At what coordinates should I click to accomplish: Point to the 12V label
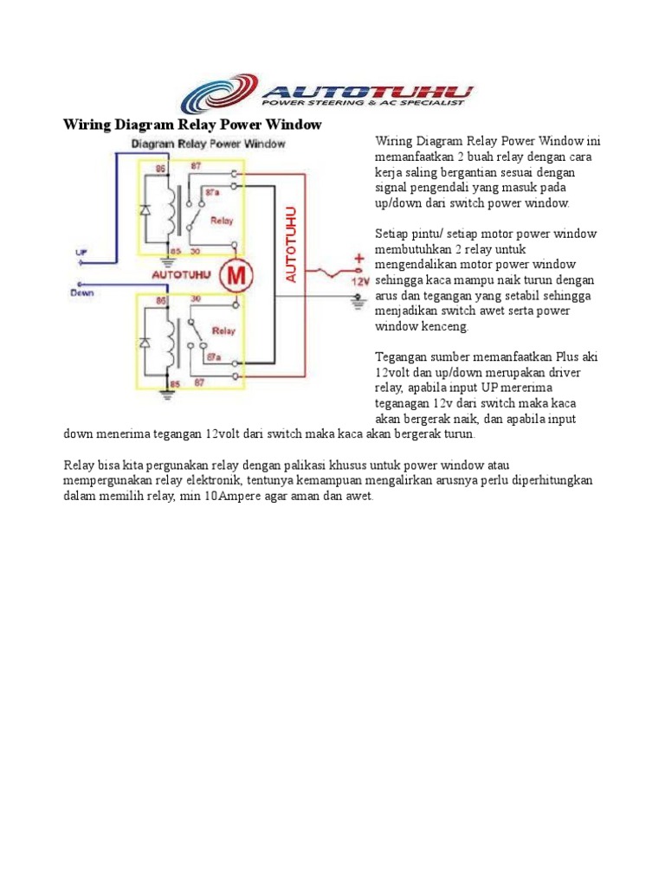pos(358,281)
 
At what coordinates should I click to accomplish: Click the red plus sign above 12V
pos(358,258)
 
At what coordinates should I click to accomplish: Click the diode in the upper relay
pos(145,210)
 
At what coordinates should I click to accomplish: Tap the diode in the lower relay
pos(145,343)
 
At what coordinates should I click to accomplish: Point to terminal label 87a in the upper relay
pos(210,188)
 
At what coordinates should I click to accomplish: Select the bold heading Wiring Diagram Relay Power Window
pos(192,125)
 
